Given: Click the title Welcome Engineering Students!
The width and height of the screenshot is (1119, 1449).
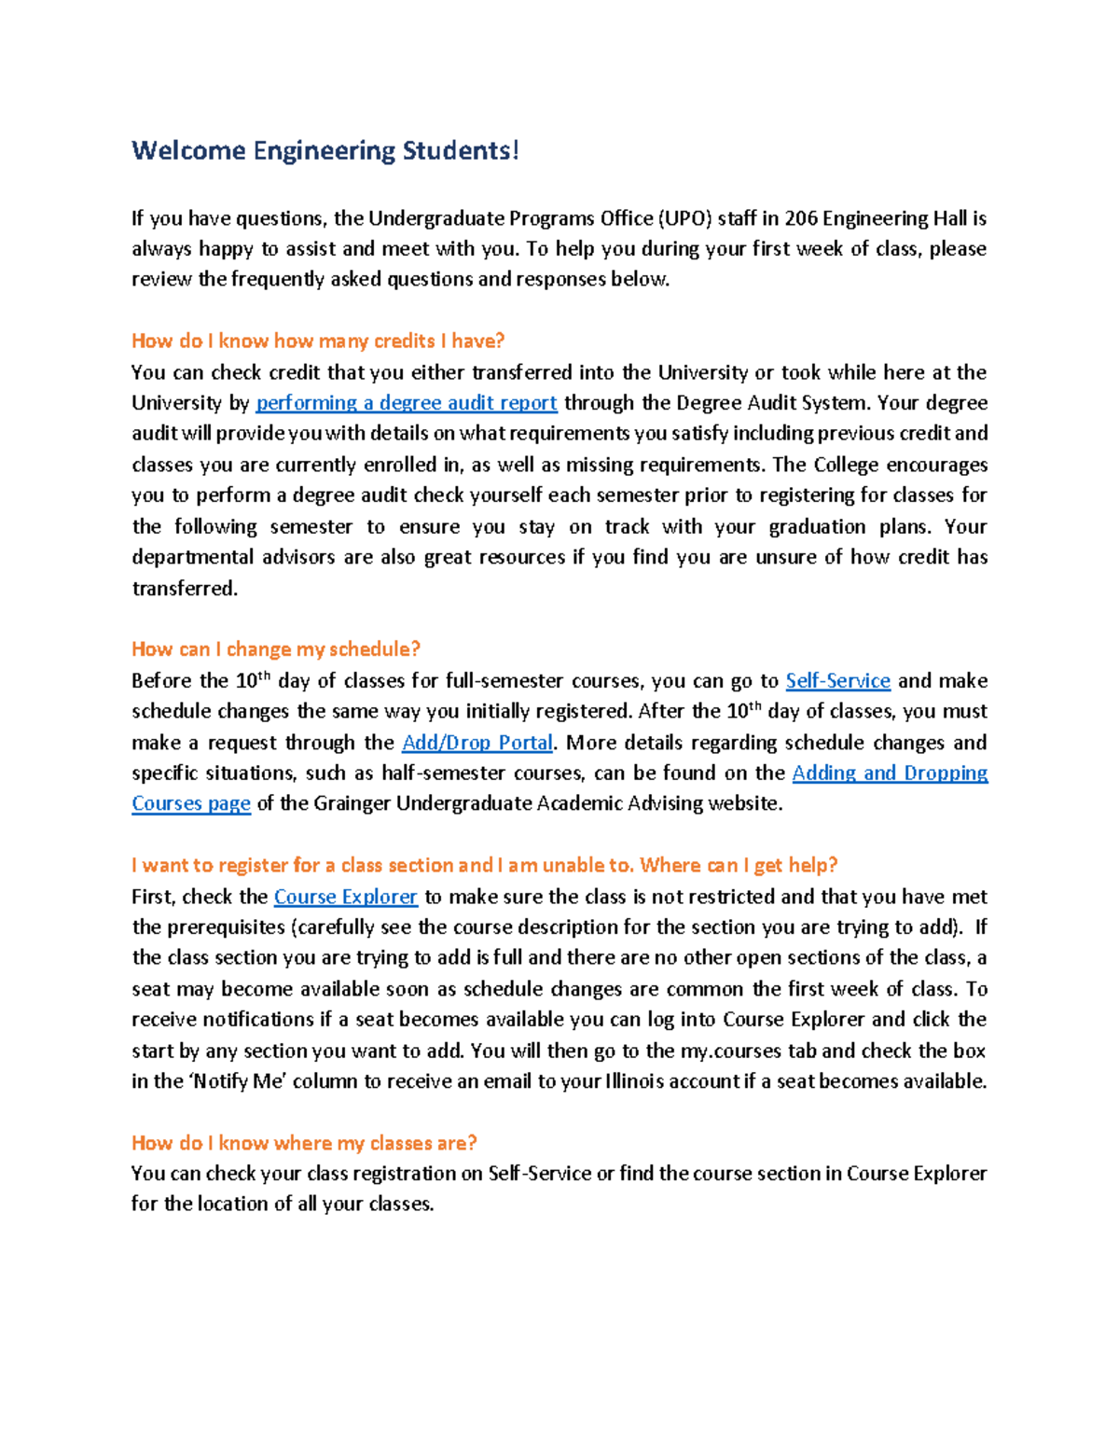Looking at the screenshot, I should click(x=325, y=151).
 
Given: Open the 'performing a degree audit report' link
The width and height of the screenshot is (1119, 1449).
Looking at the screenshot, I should click(x=407, y=403).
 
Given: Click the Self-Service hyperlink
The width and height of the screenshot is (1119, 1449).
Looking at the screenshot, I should click(x=837, y=681).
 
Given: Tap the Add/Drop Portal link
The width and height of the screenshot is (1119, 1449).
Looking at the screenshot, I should click(x=477, y=743).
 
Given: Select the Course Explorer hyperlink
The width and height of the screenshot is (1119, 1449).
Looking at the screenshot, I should click(x=345, y=897).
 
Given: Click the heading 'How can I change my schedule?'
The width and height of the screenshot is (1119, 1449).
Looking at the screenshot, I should click(x=276, y=649).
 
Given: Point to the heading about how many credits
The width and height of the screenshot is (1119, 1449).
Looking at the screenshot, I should click(x=318, y=341).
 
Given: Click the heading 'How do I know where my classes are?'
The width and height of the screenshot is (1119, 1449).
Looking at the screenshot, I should click(x=304, y=1143).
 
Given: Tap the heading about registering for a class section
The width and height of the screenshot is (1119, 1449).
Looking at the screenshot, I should click(x=484, y=866).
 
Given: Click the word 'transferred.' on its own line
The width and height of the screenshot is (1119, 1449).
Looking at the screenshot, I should click(x=185, y=589).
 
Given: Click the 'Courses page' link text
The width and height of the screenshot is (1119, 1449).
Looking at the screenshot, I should click(x=191, y=804).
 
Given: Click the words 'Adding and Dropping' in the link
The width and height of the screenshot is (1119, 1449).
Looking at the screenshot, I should click(x=890, y=773).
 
